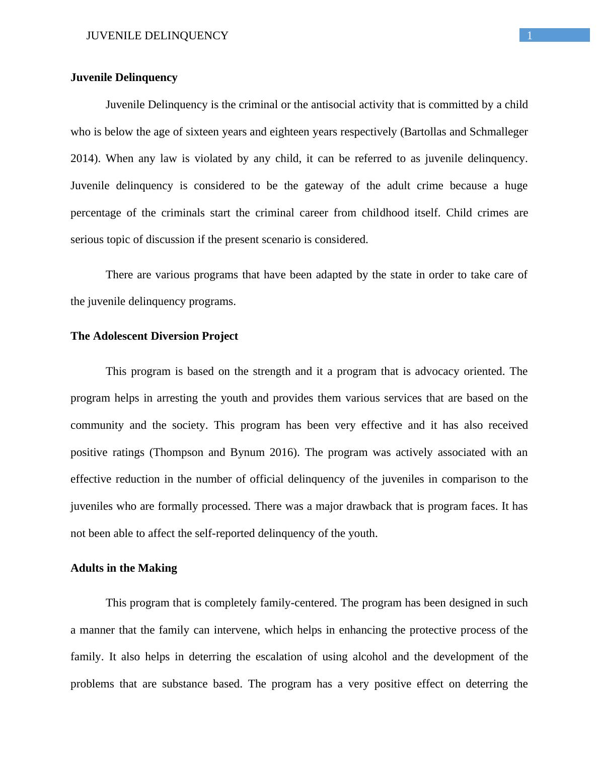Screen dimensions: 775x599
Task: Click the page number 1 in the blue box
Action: pos(530,35)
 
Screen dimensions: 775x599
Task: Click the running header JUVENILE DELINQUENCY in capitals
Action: pos(157,36)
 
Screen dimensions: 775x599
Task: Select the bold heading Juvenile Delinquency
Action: pos(124,77)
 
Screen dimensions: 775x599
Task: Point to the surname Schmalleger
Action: pos(498,132)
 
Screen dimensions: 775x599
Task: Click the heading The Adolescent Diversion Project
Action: pos(154,336)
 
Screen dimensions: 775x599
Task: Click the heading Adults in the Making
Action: pos(124,568)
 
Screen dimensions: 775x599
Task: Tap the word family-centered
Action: pos(298,603)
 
